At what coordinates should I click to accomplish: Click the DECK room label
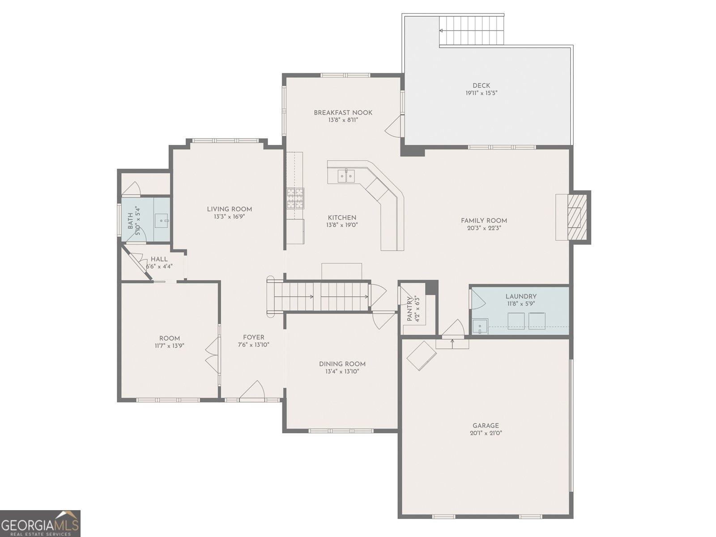tap(481, 85)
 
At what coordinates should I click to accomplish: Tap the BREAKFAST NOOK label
tap(343, 112)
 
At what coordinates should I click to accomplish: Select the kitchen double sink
tap(346, 176)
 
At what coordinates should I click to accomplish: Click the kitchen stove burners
tap(295, 198)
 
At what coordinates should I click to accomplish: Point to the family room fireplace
tap(577, 217)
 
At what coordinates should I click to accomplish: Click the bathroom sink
tap(162, 221)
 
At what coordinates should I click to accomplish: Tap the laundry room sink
tap(480, 327)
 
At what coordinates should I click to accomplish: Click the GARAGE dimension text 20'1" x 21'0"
tap(486, 433)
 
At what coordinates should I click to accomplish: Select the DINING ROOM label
tap(342, 364)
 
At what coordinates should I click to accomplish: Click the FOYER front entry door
tap(252, 389)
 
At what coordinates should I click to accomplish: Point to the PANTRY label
tap(409, 309)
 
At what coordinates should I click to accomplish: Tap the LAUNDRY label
tap(521, 296)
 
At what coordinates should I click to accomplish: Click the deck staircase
tap(471, 30)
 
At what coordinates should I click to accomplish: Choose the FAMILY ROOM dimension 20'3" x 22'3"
tap(484, 228)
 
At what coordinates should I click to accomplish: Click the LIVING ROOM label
tap(229, 209)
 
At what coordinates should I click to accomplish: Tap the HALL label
tap(159, 259)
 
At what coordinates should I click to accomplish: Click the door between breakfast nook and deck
tap(394, 127)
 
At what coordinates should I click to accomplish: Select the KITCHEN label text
tap(342, 217)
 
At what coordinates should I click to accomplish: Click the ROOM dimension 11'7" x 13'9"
tap(170, 345)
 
